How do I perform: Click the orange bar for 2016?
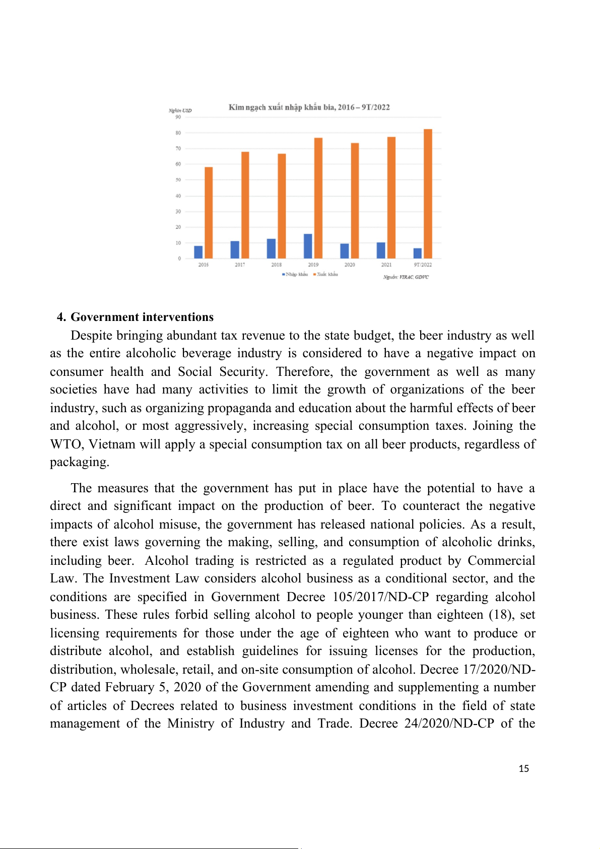[209, 213]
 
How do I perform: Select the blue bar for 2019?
[308, 246]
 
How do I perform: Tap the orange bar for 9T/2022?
[428, 194]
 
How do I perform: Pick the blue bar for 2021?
[381, 250]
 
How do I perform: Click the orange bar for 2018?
[282, 206]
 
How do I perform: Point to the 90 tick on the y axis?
[178, 117]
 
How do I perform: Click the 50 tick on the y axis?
[178, 180]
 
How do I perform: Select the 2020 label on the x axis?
[350, 265]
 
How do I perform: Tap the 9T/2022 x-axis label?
[423, 265]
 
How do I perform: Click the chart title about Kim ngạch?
[309, 107]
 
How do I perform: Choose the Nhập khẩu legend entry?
[296, 275]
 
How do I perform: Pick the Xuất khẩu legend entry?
[326, 275]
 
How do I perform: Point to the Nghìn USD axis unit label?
[180, 110]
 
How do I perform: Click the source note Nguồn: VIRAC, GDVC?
[406, 277]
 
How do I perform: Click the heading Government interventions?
[142, 317]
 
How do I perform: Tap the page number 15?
[524, 768]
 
